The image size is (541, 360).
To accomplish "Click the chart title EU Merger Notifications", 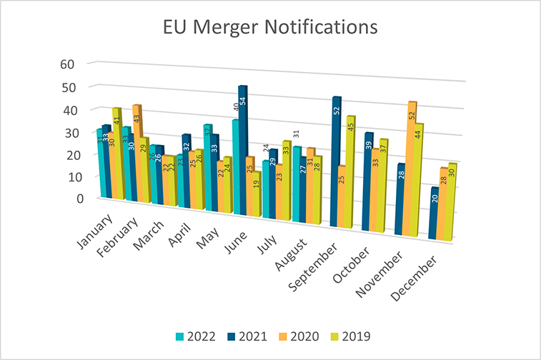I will [270, 28].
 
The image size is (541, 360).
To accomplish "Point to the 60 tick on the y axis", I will [68, 64].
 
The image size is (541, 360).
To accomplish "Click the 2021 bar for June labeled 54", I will [243, 150].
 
